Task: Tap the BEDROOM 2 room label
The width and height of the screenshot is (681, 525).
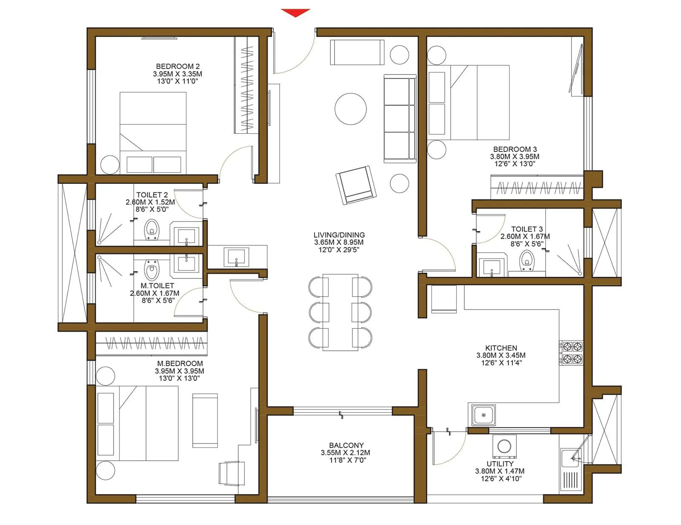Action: coord(177,66)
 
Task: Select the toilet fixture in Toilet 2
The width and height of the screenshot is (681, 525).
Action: coord(152,229)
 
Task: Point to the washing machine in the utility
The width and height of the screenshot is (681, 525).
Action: coord(504,446)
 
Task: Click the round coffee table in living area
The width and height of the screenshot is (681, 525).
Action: coord(350,109)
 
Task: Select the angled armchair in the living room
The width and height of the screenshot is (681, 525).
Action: coord(356,185)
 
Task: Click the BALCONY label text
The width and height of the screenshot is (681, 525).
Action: coord(346,445)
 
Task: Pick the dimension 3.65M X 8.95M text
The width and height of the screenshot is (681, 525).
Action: coord(339,242)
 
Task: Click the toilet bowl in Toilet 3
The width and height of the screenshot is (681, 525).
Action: coord(526,259)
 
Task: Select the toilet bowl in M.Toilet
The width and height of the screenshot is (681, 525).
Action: coord(151,269)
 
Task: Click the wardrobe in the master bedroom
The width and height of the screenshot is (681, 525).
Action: coord(151,343)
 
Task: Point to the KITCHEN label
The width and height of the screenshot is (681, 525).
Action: coord(501,348)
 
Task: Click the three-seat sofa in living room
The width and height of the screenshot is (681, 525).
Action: coord(400,118)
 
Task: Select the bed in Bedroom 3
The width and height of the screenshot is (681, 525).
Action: coord(468,102)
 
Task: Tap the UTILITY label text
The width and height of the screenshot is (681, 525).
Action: coord(500,464)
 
